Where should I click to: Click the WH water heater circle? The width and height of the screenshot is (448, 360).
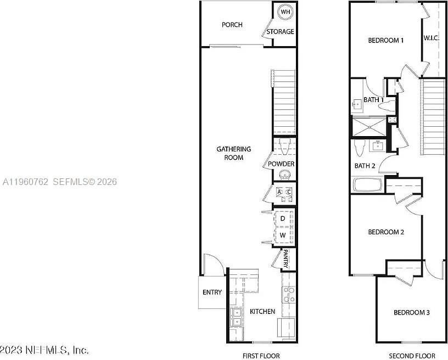[285, 12]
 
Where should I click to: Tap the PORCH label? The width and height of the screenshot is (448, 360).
[232, 25]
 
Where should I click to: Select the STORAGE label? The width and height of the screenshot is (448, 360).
[280, 32]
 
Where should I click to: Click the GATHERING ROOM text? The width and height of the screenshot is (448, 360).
[233, 153]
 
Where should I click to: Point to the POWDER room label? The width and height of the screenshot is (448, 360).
[281, 164]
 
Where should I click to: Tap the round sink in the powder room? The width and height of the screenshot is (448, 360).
[284, 175]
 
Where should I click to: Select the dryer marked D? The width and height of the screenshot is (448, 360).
[283, 218]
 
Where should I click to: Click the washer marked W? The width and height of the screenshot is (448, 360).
[283, 235]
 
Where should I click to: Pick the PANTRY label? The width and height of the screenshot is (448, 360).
[286, 259]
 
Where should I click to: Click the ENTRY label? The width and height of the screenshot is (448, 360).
[212, 292]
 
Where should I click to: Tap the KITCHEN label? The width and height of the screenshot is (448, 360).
[262, 312]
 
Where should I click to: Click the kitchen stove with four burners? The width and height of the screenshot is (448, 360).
[288, 295]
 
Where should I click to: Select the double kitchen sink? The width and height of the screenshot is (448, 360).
[237, 317]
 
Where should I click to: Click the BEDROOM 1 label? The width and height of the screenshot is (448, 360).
[386, 40]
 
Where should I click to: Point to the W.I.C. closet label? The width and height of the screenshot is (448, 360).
[430, 38]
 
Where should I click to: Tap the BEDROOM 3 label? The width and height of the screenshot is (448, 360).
[411, 313]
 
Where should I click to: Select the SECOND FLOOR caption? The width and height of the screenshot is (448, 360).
[412, 356]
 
